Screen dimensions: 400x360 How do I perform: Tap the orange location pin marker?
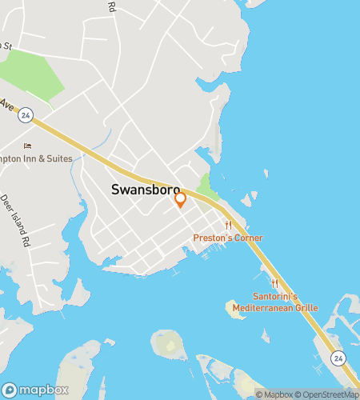(181, 198)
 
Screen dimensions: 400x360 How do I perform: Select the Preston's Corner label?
(228, 238)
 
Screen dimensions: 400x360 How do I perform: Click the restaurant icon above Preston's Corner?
(228, 225)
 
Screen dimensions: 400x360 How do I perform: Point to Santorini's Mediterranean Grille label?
(274, 302)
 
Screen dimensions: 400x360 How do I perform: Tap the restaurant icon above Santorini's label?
(274, 282)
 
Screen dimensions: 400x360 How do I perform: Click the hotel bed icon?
(27, 146)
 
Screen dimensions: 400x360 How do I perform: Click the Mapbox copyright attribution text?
(274, 394)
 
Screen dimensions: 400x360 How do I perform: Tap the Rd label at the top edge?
(111, 6)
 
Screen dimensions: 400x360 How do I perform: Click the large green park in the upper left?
(32, 80)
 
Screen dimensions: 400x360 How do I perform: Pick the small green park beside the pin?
(207, 188)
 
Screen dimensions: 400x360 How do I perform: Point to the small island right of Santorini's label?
(235, 309)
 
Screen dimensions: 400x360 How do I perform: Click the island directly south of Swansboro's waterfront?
(168, 344)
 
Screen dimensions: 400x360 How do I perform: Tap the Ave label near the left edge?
(7, 104)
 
